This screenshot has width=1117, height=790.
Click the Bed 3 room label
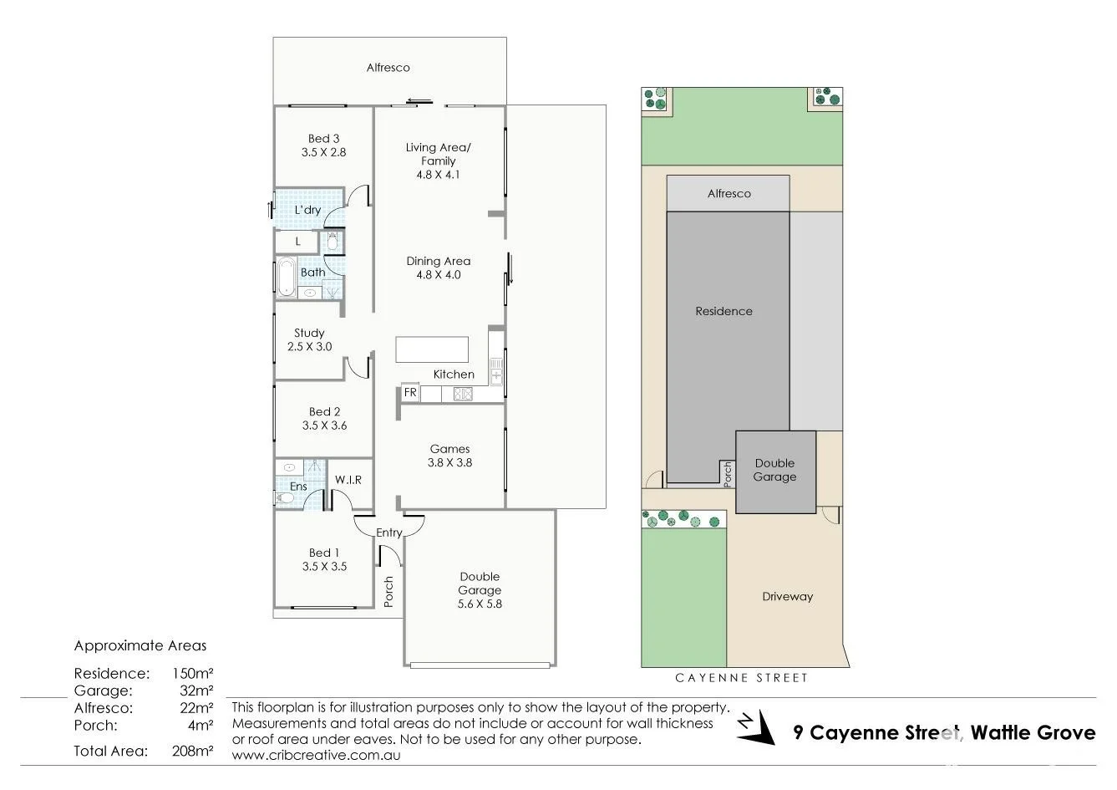click(323, 139)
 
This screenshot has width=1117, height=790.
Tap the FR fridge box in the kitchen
click(410, 392)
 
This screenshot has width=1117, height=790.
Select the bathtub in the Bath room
click(286, 278)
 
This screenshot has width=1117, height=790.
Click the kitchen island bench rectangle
click(432, 349)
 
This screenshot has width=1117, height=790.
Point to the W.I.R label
click(348, 480)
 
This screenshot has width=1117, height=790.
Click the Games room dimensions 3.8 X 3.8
click(450, 462)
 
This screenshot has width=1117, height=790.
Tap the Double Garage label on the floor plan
click(480, 583)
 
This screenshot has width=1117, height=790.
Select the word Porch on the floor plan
click(388, 592)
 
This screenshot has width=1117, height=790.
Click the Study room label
click(309, 333)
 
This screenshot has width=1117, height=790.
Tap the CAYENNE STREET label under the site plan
click(743, 678)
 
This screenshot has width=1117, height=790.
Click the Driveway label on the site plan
click(787, 597)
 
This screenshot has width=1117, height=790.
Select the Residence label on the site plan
click(724, 311)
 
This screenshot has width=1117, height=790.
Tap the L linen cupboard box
click(297, 242)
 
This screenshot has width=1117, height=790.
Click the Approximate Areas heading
click(140, 645)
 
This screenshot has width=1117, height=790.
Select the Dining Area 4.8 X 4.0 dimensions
click(439, 274)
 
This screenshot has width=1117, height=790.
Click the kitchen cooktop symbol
click(463, 394)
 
